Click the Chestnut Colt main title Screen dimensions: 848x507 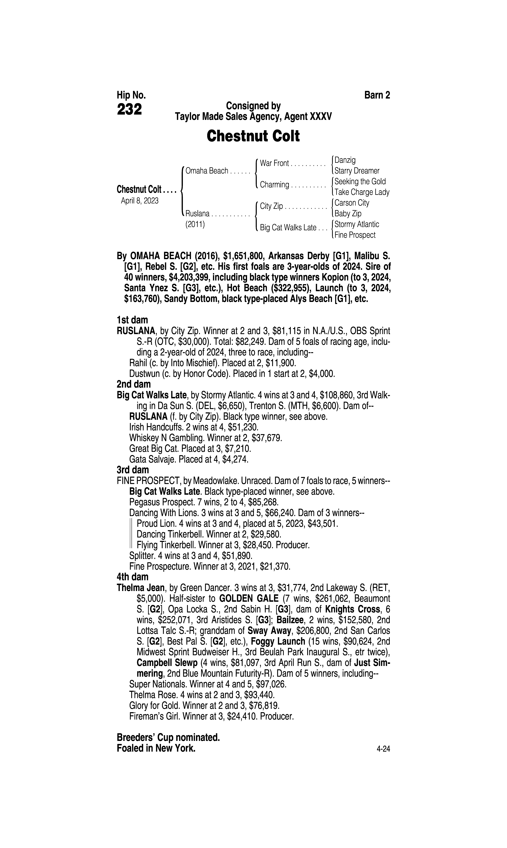pyautogui.click(x=253, y=136)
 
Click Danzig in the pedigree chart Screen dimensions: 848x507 pyautogui.click(x=345, y=160)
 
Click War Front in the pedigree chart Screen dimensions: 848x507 pyautogui.click(x=274, y=163)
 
